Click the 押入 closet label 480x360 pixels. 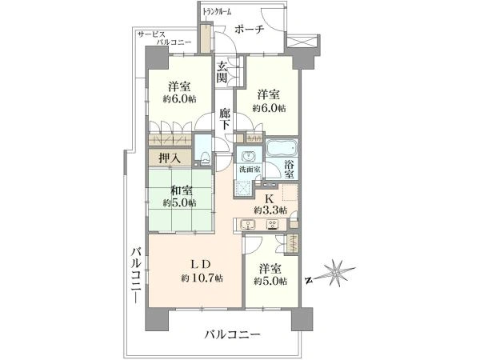pos(169,158)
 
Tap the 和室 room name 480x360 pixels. pos(181,190)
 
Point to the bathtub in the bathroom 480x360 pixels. pos(280,150)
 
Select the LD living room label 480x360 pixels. pos(202,265)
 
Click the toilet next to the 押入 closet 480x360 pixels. pos(202,147)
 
